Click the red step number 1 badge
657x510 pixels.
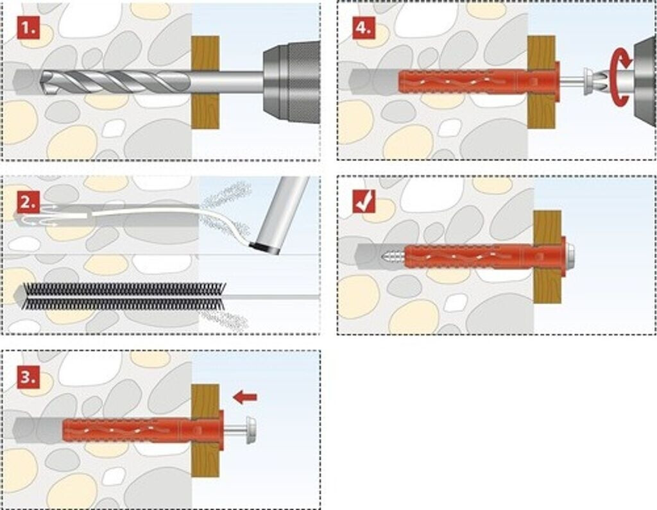click(x=28, y=29)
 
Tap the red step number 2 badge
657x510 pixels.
click(x=28, y=203)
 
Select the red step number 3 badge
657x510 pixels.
click(x=28, y=377)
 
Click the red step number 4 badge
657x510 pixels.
click(x=364, y=29)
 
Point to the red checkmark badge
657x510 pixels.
click(x=364, y=203)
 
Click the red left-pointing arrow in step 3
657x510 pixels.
click(x=244, y=398)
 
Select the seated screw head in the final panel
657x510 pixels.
click(x=570, y=256)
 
